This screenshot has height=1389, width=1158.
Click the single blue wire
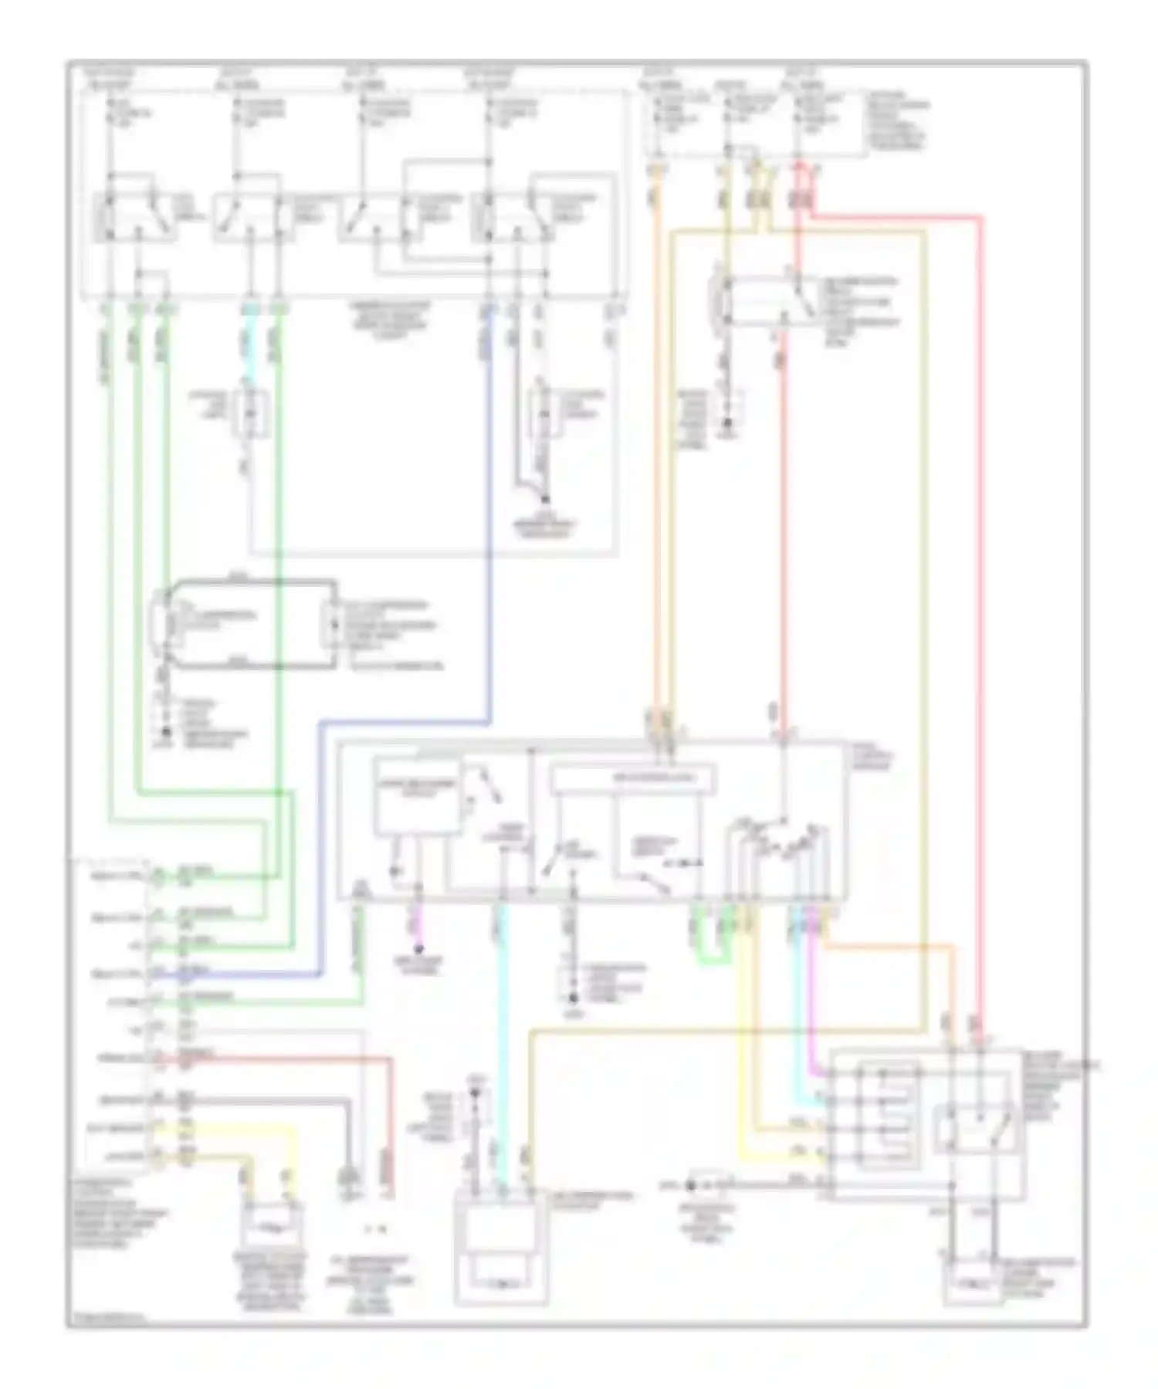pyautogui.click(x=489, y=540)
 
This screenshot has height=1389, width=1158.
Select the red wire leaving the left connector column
pyautogui.click(x=309, y=1059)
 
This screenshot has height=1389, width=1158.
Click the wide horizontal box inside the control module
pyautogui.click(x=632, y=778)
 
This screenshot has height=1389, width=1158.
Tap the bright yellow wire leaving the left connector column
pyautogui.click(x=232, y=1128)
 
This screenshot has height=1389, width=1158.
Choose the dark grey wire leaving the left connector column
pyautogui.click(x=270, y=1103)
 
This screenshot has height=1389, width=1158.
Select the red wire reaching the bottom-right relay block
pyautogui.click(x=981, y=618)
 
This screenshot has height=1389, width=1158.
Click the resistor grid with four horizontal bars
pyautogui.click(x=889, y=1116)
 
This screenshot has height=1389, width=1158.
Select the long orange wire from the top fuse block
pyautogui.click(x=657, y=463)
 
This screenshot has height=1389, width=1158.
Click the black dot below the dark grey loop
pyautogui.click(x=164, y=730)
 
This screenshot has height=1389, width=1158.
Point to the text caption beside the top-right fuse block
pyautogui.click(x=897, y=120)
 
